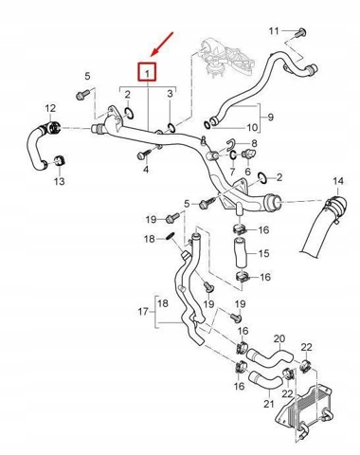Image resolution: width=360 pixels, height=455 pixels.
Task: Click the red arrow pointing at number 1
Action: click(x=163, y=44)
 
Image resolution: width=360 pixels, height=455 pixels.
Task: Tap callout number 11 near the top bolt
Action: click(x=274, y=31)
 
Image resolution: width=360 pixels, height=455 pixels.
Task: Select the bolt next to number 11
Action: click(x=300, y=33)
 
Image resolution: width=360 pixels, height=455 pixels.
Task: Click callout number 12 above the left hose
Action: click(x=50, y=108)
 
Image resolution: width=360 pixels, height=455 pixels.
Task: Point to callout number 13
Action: click(x=59, y=181)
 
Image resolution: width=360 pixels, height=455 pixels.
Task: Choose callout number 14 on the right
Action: click(x=338, y=181)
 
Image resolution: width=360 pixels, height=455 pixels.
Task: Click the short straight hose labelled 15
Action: click(x=241, y=254)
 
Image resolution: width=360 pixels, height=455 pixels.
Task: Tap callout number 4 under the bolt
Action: click(x=146, y=170)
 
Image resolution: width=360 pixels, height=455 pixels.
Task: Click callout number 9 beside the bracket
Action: click(x=271, y=117)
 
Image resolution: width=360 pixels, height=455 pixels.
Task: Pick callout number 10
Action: click(x=252, y=128)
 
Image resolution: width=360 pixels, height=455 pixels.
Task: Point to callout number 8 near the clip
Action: click(x=254, y=143)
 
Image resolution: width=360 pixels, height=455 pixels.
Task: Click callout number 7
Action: click(x=232, y=172)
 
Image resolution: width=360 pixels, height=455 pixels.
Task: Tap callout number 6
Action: click(x=248, y=172)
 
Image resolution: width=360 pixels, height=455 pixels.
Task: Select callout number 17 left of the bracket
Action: click(x=143, y=312)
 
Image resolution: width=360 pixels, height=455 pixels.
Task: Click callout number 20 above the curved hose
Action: click(x=279, y=338)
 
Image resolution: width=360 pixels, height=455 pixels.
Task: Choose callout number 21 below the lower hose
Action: click(x=269, y=404)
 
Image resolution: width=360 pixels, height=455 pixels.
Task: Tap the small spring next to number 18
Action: click(x=170, y=236)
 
